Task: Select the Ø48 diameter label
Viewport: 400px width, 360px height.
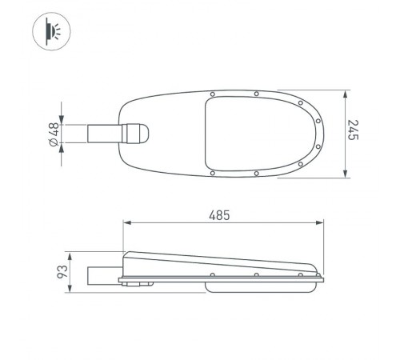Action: [55, 134]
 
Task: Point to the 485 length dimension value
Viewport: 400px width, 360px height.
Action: [220, 215]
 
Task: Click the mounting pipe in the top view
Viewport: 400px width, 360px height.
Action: [102, 133]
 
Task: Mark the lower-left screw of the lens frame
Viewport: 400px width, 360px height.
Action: [212, 173]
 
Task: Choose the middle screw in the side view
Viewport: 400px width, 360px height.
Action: [256, 276]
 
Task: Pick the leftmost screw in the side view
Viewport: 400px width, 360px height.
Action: [212, 276]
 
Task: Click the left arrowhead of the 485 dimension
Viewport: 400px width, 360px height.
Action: [126, 224]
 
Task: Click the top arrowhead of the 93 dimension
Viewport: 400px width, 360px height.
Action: [70, 255]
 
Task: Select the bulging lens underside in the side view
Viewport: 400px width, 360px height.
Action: [256, 284]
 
